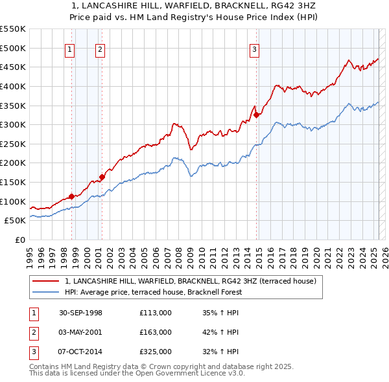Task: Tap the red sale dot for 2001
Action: [102, 177]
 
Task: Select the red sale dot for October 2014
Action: [256, 115]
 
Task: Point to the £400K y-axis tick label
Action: [13, 86]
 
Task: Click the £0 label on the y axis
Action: [21, 240]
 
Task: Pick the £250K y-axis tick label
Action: [13, 144]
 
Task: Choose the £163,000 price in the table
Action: [155, 332]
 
